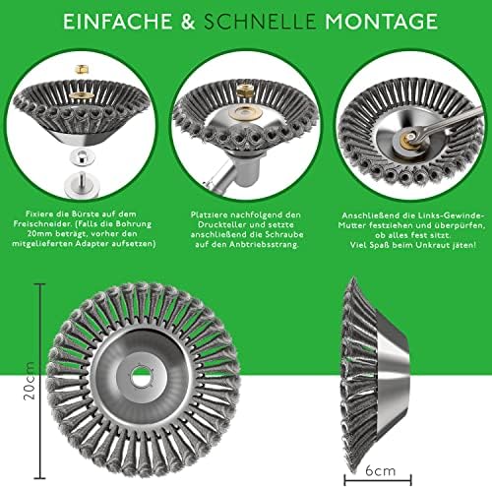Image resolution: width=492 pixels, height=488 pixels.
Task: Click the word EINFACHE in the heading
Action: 117,22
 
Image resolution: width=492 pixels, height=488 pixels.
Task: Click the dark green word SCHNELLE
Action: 260,22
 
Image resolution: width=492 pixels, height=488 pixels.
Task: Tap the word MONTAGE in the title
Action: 381,22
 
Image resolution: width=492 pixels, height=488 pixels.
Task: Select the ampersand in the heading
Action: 188,22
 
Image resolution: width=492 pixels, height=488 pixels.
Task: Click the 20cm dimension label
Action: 30,381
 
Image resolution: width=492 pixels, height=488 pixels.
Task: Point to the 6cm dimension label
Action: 381,471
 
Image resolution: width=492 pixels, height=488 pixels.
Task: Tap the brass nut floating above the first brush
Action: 81,70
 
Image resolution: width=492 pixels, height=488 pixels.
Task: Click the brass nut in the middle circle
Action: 245,91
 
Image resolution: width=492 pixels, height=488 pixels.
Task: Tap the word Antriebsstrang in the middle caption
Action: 264,245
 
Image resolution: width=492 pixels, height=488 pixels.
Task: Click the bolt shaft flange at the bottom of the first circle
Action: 81,184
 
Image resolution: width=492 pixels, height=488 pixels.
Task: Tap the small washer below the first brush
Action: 82,156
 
